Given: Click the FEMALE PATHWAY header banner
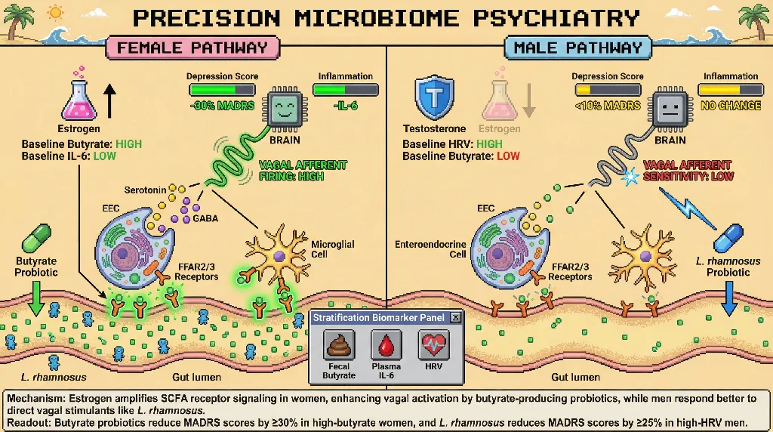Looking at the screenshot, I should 192,48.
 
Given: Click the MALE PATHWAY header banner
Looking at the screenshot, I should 577,48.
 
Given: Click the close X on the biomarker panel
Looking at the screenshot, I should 455,318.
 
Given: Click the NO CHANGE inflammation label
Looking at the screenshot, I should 730,106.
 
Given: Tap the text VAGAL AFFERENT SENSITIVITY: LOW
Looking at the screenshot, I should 687,171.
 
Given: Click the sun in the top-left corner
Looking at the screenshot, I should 56,13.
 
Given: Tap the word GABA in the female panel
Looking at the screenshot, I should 206,218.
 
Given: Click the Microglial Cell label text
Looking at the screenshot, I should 333,250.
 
